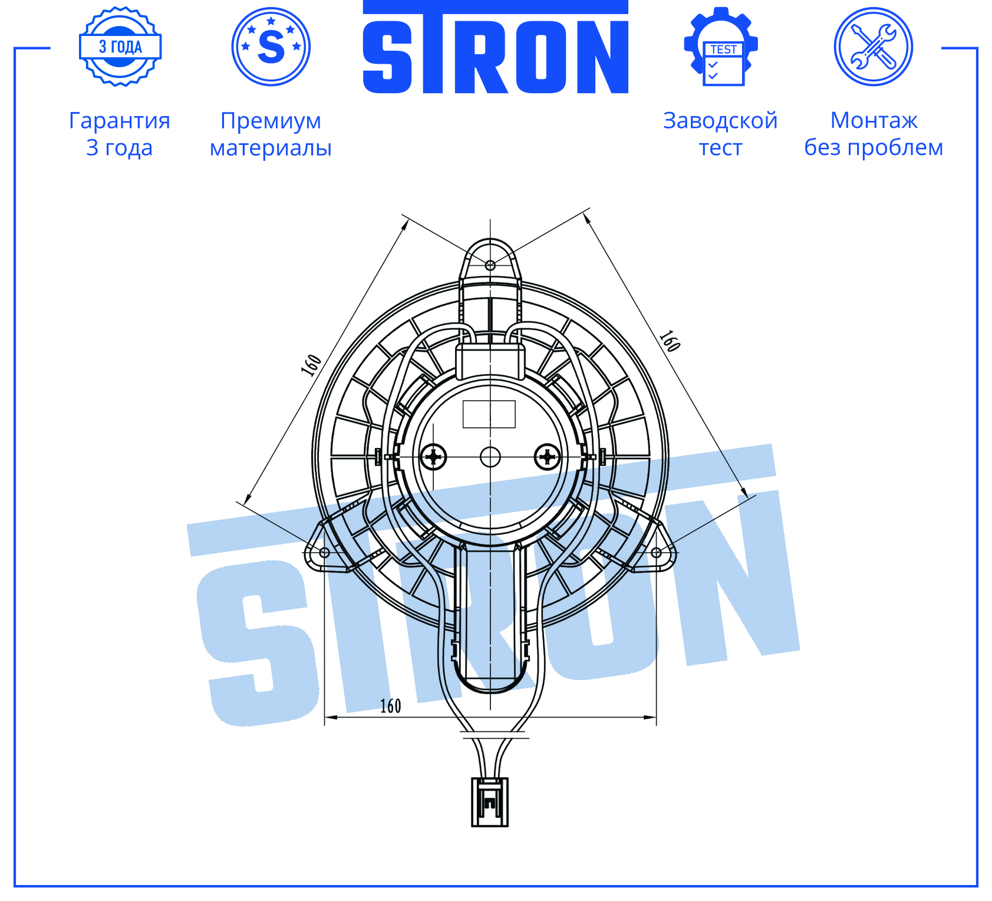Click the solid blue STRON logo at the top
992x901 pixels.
[495, 47]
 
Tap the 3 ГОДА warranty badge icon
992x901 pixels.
[120, 47]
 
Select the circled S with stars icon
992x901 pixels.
[271, 47]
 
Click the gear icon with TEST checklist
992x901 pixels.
[721, 47]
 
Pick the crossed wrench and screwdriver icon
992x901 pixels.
[874, 47]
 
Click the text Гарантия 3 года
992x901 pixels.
[120, 134]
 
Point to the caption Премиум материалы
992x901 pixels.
[271, 134]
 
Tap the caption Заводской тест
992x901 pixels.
[720, 134]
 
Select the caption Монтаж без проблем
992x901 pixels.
[874, 134]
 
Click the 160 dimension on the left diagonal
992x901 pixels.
[311, 365]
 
